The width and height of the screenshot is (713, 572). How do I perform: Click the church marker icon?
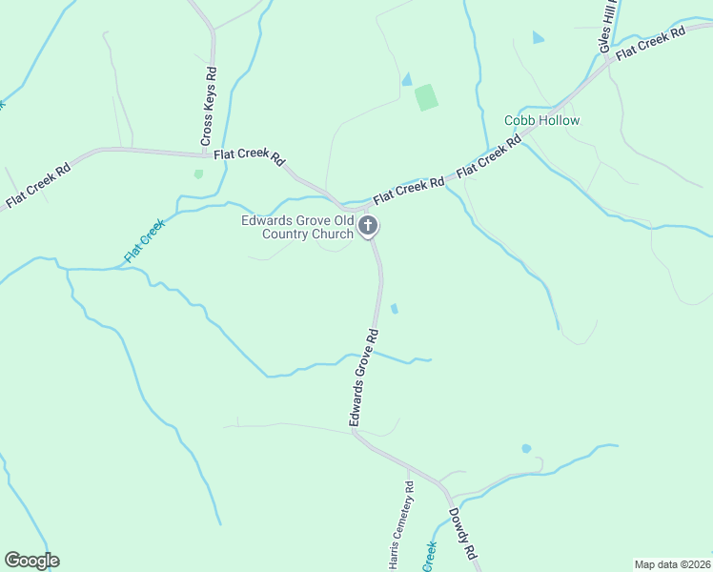click(368, 227)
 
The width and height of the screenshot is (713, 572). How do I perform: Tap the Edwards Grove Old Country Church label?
click(297, 227)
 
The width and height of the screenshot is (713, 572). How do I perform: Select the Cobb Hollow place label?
click(541, 121)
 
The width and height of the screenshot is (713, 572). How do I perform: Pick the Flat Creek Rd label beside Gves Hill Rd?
click(651, 45)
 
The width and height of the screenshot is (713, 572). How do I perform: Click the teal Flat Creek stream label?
click(144, 242)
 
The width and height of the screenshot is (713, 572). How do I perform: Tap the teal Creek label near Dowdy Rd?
click(430, 557)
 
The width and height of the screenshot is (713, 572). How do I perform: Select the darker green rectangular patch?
click(426, 97)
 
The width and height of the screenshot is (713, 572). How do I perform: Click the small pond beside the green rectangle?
click(407, 79)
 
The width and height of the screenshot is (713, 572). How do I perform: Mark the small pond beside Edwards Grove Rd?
click(395, 308)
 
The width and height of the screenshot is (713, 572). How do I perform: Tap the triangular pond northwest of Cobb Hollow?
click(539, 37)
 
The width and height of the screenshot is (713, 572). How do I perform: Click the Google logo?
click(31, 561)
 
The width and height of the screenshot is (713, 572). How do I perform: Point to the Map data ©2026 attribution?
click(672, 564)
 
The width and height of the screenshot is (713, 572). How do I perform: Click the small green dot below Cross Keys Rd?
click(198, 174)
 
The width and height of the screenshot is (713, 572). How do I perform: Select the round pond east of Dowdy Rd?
click(526, 448)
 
